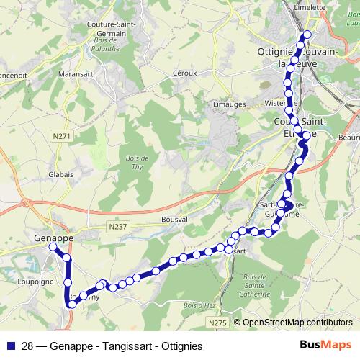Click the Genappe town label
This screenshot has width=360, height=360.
coord(54,236)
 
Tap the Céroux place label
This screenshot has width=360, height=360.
coord(185,73)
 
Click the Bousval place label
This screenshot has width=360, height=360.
coord(175,218)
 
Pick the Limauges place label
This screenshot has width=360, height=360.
coord(230,104)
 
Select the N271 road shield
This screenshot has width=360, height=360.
coord(62,135)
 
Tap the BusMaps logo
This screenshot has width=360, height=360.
coord(325,345)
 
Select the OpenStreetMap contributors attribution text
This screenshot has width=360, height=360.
coord(297,323)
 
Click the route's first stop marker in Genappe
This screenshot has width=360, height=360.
coord(53,248)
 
